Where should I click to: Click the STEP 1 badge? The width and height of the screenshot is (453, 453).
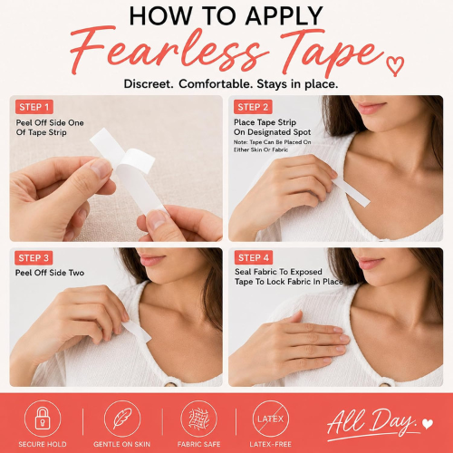[x=34, y=107]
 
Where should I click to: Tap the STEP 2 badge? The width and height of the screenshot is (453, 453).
[x=253, y=107]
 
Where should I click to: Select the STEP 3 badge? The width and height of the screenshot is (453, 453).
[x=34, y=258]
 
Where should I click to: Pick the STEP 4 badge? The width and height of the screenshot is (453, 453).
[x=254, y=257]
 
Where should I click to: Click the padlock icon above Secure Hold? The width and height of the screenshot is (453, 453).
[x=43, y=419]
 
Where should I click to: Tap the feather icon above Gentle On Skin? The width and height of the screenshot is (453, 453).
[x=122, y=419]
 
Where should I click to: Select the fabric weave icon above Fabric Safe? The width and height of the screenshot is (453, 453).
[x=198, y=419]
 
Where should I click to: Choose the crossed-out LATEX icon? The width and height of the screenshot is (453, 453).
[x=271, y=419]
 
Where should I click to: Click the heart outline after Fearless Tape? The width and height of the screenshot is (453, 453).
[x=395, y=66]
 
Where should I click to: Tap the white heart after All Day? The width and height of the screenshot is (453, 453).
[x=428, y=424]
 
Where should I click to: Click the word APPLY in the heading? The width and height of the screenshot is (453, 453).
[x=284, y=15]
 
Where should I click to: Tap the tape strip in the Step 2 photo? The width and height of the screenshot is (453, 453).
[x=351, y=191]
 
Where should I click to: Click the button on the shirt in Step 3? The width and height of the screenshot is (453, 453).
[x=171, y=384]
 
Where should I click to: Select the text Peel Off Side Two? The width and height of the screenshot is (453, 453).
[x=50, y=273]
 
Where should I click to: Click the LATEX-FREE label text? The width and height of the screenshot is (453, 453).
[x=271, y=444]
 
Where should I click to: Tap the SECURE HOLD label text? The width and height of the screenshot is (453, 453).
[x=43, y=444]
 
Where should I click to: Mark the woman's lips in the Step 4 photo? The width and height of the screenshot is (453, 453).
[x=370, y=262]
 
